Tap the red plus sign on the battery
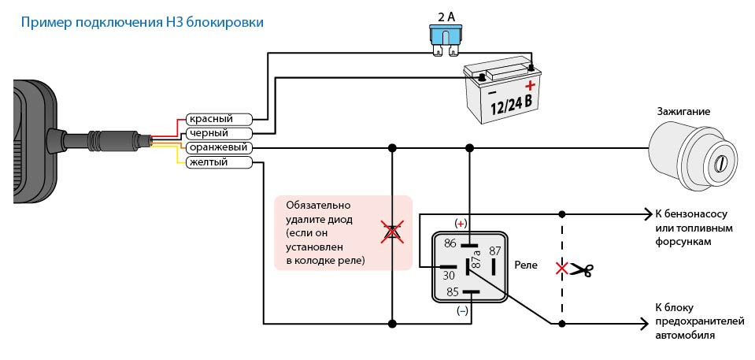531,84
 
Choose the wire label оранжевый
218,147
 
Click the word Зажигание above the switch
683,112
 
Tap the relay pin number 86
450,243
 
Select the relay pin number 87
494,251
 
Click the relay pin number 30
449,275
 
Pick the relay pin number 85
453,292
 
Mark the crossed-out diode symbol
391,231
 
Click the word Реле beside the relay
525,265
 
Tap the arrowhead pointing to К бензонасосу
643,213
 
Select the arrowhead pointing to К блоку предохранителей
643,323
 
